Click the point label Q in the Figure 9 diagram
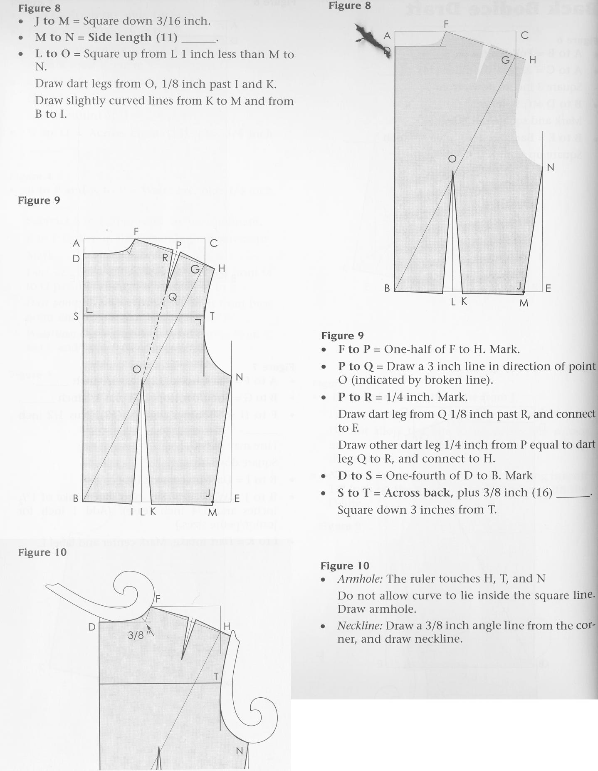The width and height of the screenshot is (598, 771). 173,297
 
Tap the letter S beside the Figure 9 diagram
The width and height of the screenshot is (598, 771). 76,317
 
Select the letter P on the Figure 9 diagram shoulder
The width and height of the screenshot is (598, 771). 179,245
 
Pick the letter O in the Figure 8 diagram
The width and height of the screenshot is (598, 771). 452,159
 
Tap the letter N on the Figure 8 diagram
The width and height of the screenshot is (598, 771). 550,167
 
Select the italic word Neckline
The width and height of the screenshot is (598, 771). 360,626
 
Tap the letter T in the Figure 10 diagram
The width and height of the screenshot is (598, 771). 216,676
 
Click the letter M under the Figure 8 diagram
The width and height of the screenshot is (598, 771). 524,303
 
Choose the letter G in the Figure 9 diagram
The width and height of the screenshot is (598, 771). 195,269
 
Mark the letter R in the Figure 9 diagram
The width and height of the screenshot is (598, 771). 165,258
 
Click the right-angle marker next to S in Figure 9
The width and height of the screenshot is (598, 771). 89,311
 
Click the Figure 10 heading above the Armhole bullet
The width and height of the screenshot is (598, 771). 345,566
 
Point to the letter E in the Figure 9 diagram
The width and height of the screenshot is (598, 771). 237,498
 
